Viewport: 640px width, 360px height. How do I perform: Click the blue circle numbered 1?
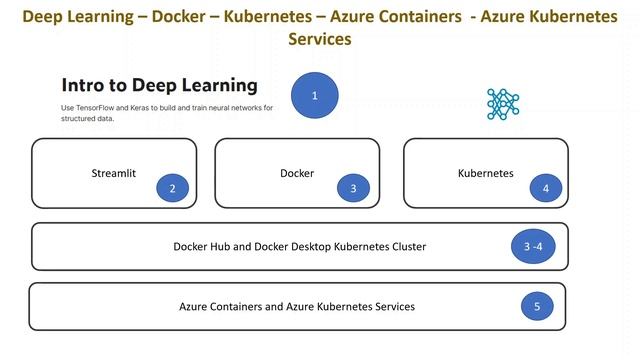click(315, 96)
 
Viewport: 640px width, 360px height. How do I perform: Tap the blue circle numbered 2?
click(172, 188)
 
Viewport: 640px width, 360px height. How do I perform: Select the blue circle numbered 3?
click(352, 188)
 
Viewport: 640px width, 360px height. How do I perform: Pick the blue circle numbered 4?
click(545, 188)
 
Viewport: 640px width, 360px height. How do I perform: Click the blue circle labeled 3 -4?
click(534, 247)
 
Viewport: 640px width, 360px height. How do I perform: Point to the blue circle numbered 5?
click(536, 307)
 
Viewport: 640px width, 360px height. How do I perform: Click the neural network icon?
click(503, 103)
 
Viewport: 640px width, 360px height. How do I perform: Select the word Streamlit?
click(113, 173)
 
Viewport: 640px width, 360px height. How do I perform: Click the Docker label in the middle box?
click(297, 173)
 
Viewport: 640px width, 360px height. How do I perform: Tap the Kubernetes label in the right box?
click(485, 173)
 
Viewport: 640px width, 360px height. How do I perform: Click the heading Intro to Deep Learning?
click(159, 85)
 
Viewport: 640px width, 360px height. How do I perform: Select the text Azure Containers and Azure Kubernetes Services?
click(297, 306)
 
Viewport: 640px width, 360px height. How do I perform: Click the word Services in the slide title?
click(320, 39)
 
